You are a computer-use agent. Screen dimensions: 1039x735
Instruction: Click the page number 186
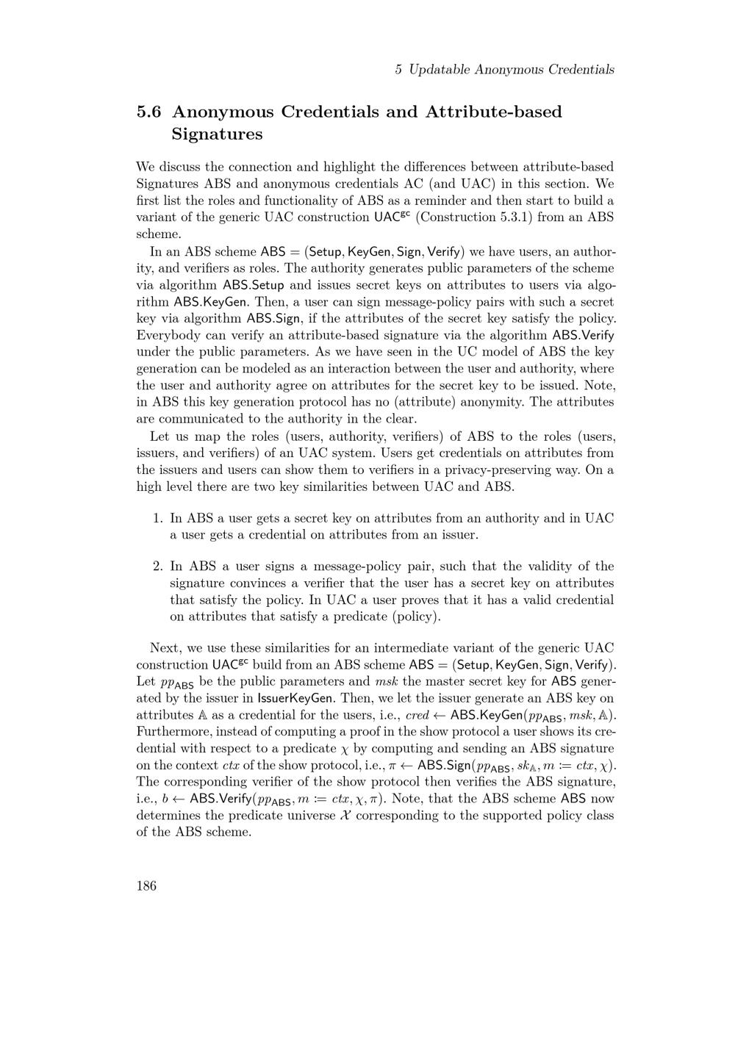[146, 885]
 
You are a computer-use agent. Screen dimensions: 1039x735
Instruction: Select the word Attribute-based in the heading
[494, 112]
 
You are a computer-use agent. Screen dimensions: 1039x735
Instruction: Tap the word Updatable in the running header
[440, 70]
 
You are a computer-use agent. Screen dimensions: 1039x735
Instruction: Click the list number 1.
[157, 519]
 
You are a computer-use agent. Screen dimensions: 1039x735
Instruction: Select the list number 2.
[157, 567]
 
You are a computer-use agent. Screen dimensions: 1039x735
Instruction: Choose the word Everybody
[169, 336]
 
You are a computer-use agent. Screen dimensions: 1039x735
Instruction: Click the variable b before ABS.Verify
[165, 799]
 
